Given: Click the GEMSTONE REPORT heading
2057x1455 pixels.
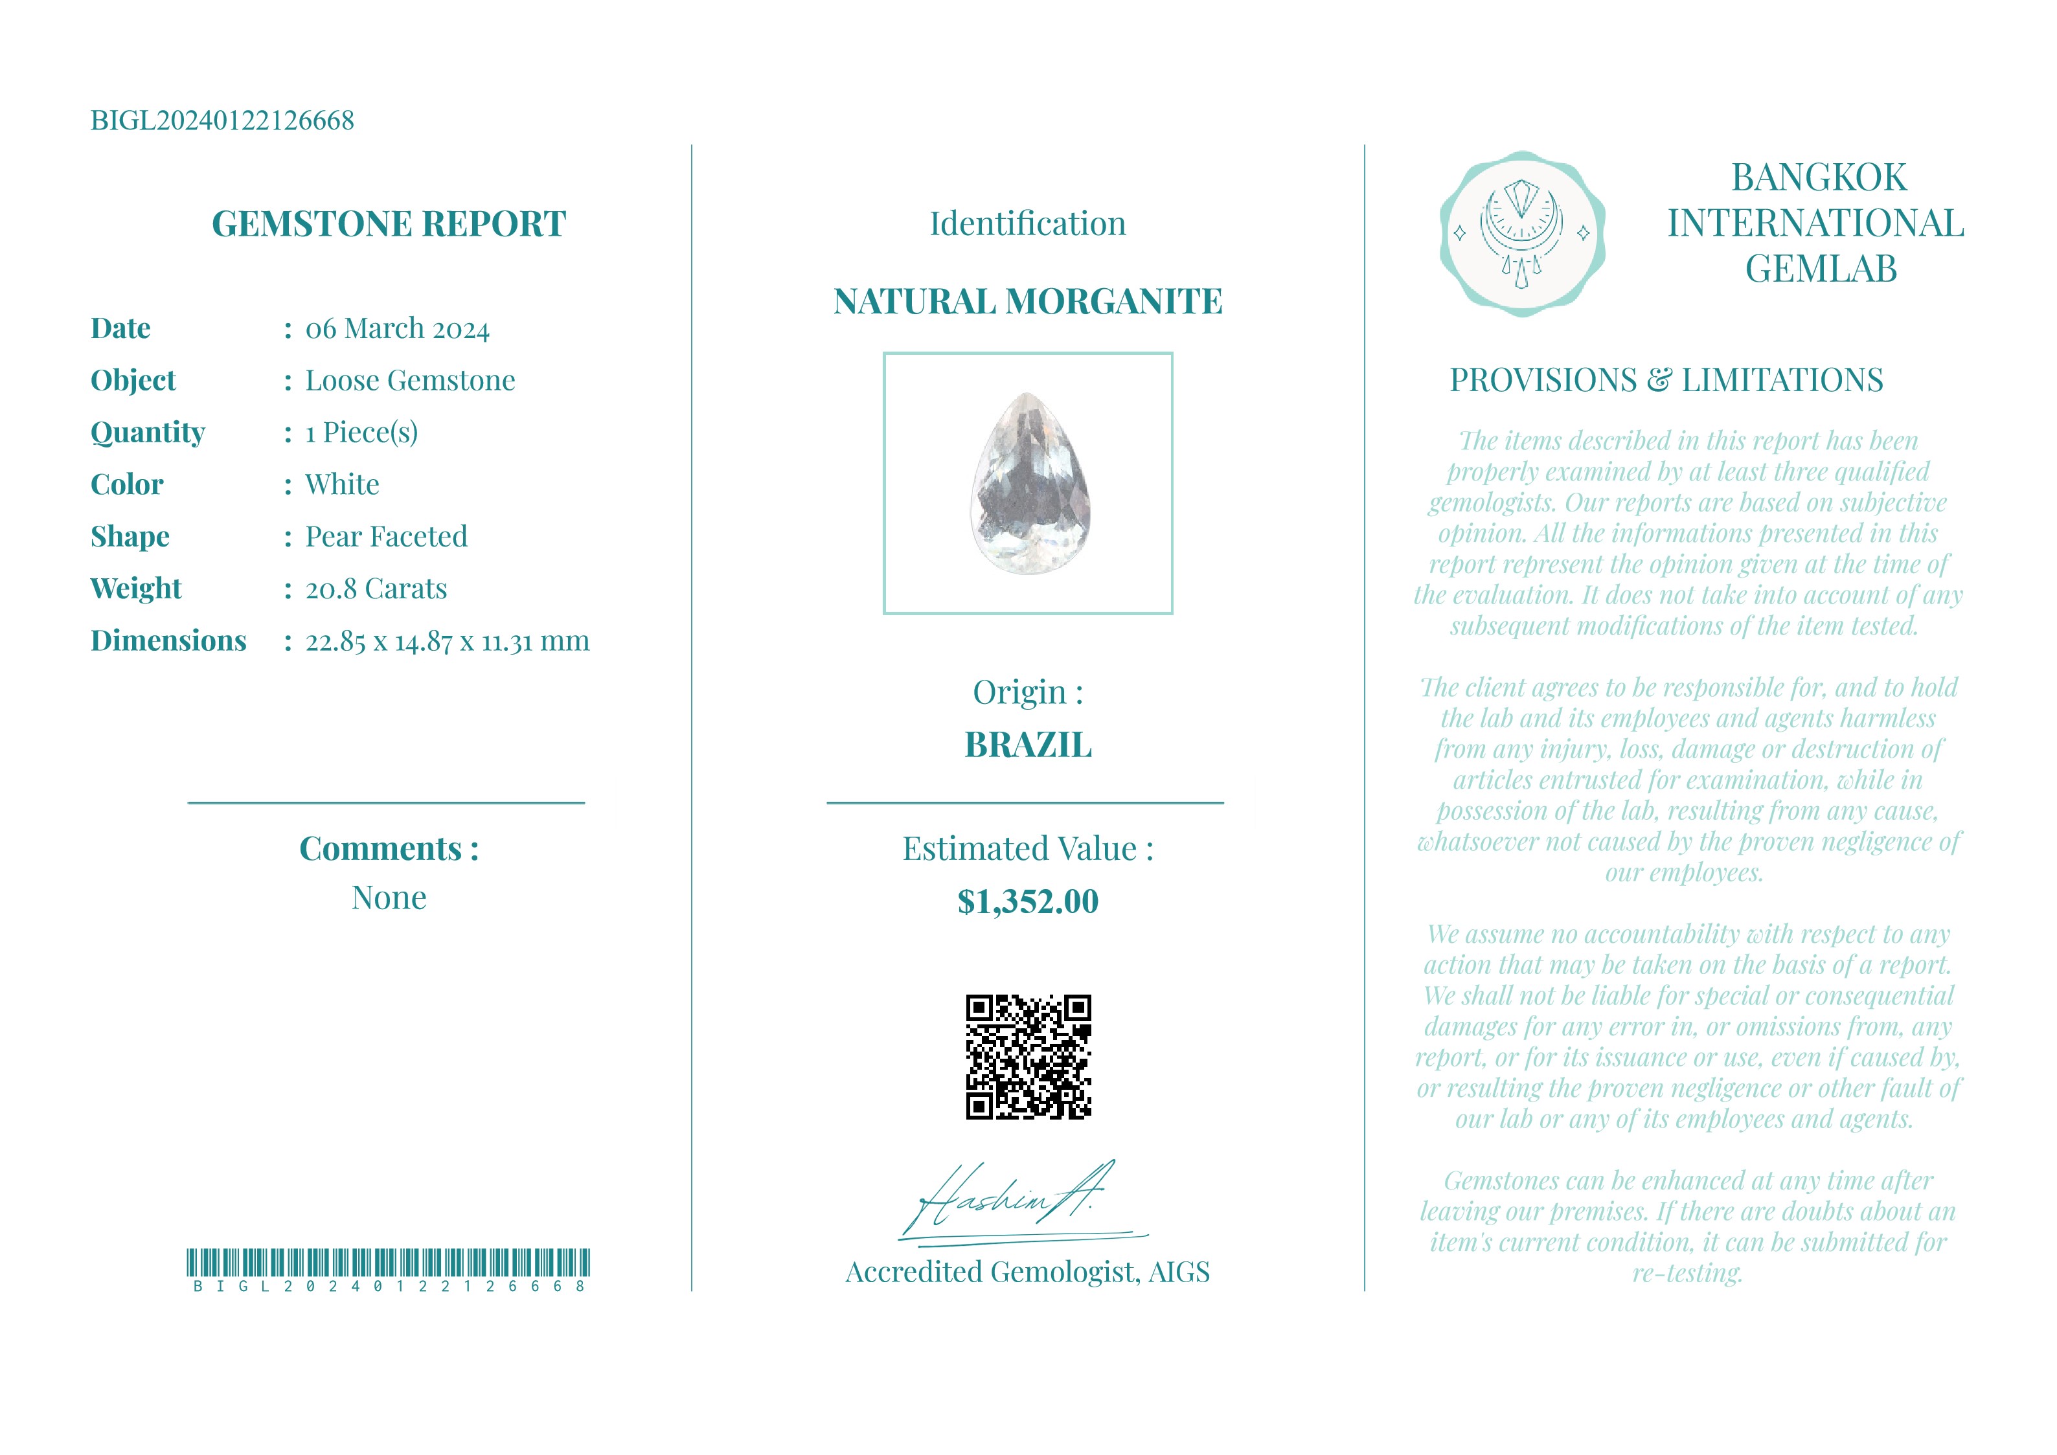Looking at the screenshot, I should pyautogui.click(x=388, y=224).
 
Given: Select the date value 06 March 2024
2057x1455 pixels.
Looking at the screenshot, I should pyautogui.click(x=397, y=329).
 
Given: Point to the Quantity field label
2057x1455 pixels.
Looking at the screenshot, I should pyautogui.click(x=148, y=433).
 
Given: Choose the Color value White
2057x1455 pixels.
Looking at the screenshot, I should pyautogui.click(x=342, y=485).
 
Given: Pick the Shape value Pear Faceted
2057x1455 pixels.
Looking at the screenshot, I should pyautogui.click(x=386, y=537).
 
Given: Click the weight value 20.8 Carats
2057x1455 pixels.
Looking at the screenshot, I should pyautogui.click(x=376, y=589).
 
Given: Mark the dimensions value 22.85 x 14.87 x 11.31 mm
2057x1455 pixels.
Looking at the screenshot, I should pyautogui.click(x=447, y=642).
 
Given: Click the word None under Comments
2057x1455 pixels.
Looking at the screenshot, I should pyautogui.click(x=388, y=897).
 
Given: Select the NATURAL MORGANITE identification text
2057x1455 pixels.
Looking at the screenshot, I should pyautogui.click(x=1028, y=302).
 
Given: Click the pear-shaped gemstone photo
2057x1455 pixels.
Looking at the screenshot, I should pyautogui.click(x=1030, y=484).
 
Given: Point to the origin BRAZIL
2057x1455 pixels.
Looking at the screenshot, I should pyautogui.click(x=1028, y=745).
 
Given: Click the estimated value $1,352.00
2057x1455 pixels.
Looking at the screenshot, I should pyautogui.click(x=1028, y=902).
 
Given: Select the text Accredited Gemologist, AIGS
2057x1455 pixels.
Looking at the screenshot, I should pyautogui.click(x=1028, y=1272).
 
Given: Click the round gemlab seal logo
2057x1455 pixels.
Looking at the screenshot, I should pyautogui.click(x=1521, y=234).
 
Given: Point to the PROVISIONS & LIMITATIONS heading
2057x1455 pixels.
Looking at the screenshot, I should pyautogui.click(x=1666, y=381).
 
